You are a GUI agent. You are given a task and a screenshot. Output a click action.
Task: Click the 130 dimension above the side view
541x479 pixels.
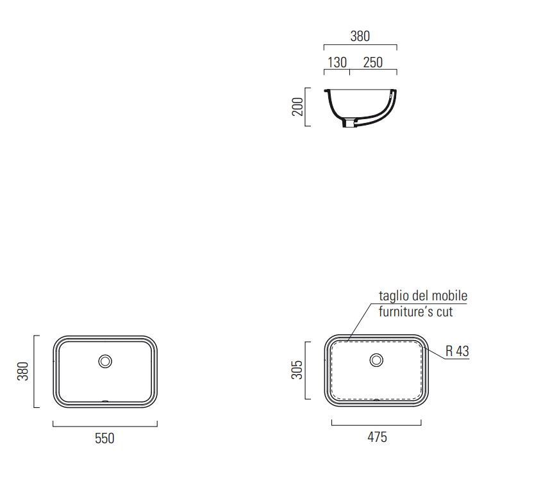click(x=337, y=62)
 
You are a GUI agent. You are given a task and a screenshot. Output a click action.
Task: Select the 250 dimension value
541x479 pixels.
click(x=373, y=62)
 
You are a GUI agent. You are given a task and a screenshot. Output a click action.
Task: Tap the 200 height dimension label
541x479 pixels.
click(x=297, y=107)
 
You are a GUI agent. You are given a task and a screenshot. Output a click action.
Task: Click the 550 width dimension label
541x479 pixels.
click(x=104, y=439)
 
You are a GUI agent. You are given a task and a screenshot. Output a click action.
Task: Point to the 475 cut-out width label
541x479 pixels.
click(x=377, y=437)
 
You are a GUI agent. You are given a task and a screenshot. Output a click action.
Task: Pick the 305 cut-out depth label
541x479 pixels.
click(x=297, y=369)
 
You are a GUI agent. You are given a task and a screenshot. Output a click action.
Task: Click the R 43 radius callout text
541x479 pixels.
click(x=457, y=351)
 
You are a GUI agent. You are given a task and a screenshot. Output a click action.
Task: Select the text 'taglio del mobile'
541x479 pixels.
click(x=423, y=296)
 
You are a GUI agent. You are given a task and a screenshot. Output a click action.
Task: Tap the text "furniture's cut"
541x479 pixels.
click(x=415, y=311)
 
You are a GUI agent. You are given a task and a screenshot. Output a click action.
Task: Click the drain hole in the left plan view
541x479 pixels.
click(x=105, y=361)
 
